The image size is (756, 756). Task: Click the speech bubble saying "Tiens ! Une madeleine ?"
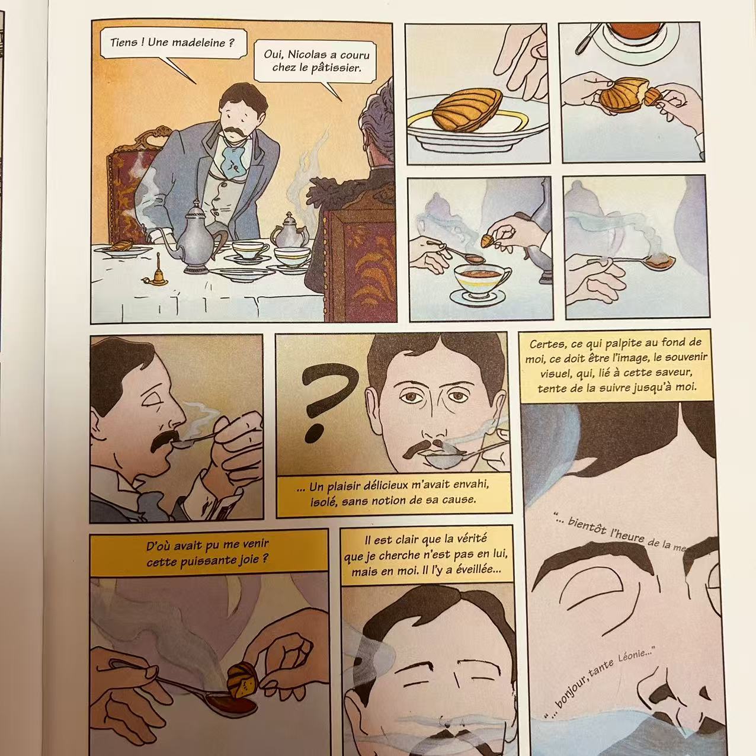coord(173,43)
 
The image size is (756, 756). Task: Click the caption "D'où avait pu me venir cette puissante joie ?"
coord(207,553)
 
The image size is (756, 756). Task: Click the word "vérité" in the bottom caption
coord(469,539)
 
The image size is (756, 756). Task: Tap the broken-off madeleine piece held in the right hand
coord(651,96)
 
